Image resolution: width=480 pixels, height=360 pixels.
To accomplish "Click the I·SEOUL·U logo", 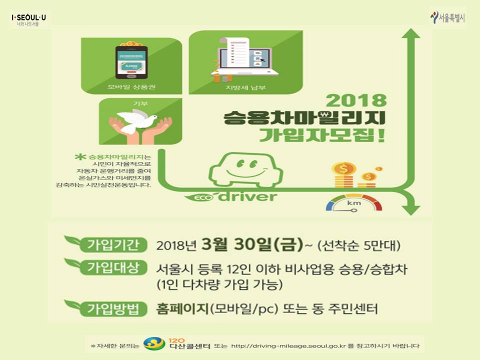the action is (29, 19).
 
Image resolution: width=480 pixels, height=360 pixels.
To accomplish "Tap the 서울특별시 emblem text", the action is (451, 18).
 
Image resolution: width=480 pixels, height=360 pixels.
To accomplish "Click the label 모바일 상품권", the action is (131, 87).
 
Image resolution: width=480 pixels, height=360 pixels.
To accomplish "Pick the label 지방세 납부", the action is (245, 87).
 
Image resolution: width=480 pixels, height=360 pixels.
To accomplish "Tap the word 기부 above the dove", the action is (140, 103).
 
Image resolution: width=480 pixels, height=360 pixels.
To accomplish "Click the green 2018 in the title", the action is (356, 100).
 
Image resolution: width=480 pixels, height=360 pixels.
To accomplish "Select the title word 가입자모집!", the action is (322, 135).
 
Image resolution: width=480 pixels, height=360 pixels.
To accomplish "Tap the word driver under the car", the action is (247, 196).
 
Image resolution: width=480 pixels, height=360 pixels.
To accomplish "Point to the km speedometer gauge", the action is (354, 203).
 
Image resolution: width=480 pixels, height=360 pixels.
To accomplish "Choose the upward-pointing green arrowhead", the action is (411, 33).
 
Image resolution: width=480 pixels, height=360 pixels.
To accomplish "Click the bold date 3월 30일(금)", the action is (252, 244).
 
